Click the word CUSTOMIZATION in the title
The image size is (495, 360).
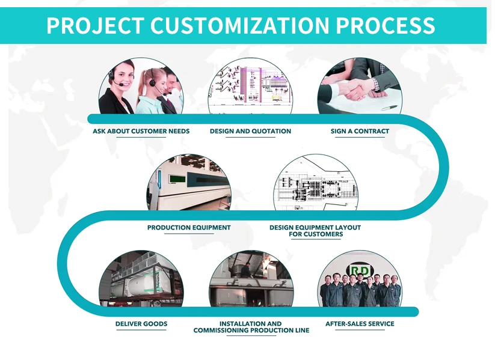239,26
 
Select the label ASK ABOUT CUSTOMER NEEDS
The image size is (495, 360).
141,131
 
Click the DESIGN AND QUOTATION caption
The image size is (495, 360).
250,131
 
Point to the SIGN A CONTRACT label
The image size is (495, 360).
360,131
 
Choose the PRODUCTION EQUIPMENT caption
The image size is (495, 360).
189,228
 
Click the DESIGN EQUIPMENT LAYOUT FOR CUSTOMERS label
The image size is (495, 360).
315,231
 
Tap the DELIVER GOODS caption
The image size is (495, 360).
141,324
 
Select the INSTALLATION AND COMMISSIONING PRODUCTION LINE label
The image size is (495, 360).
251,327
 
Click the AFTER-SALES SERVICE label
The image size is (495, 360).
360,324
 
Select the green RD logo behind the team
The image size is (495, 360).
360,270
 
